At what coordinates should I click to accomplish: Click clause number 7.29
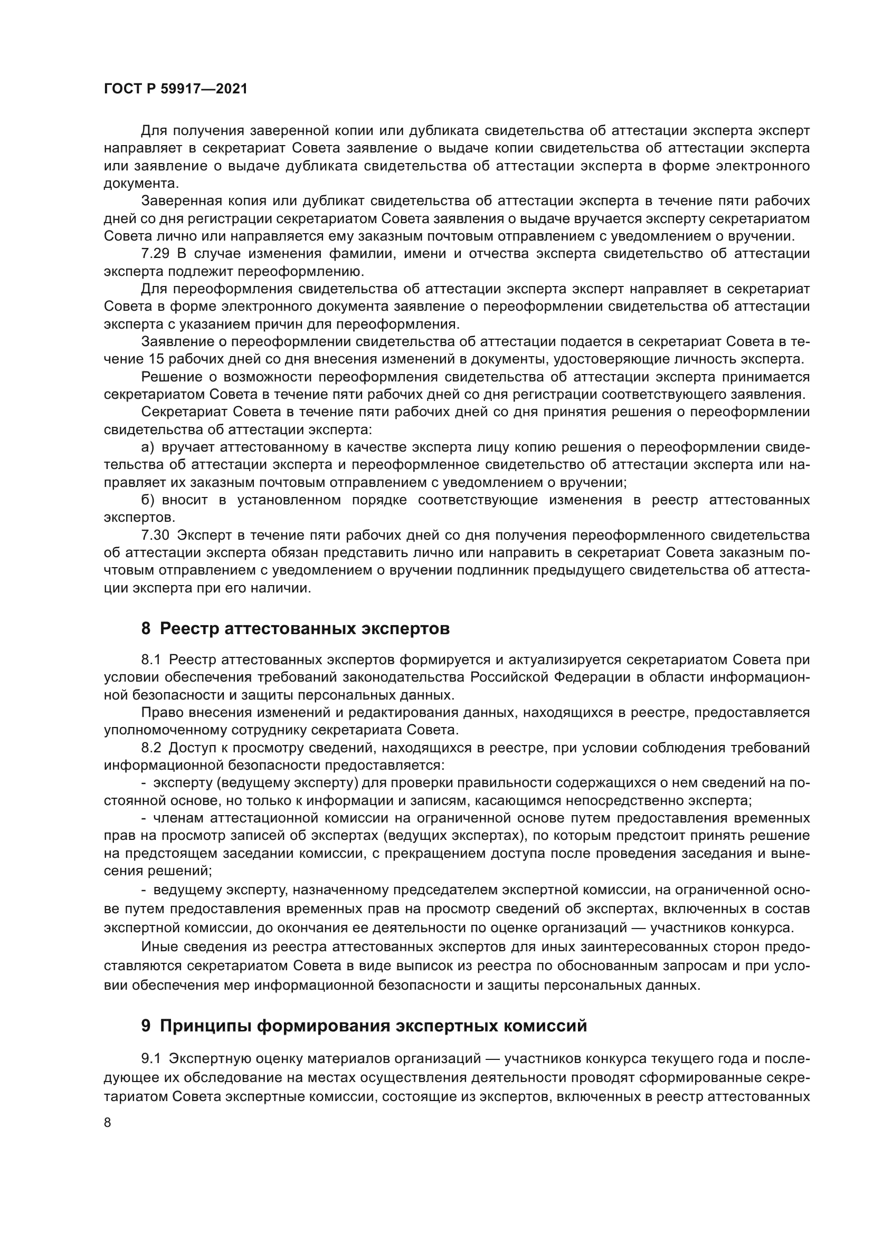point(155,254)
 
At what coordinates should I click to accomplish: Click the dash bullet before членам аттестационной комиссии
point(144,819)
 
